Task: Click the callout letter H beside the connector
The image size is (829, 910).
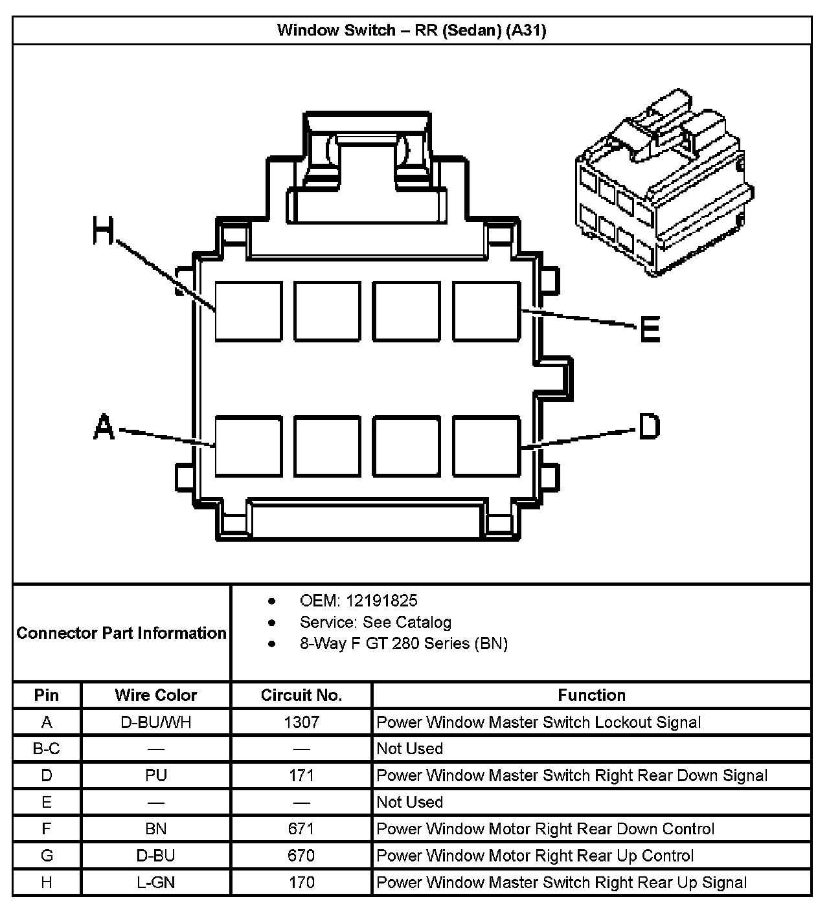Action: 104,230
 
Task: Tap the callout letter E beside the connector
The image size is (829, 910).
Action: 650,329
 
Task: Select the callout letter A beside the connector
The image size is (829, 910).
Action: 104,428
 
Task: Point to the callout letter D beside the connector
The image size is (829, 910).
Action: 649,427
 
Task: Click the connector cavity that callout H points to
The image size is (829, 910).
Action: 249,311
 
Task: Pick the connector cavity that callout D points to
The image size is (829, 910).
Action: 486,447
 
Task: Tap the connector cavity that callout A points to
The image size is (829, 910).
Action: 249,447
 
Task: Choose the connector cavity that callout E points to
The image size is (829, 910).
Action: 486,311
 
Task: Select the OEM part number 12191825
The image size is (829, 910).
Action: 381,601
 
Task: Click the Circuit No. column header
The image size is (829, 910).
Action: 301,695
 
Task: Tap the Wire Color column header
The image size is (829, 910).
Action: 155,695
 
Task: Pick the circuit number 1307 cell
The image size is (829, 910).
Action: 301,722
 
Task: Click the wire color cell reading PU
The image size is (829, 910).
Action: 155,775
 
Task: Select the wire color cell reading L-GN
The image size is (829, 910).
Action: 155,882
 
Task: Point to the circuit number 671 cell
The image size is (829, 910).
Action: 301,829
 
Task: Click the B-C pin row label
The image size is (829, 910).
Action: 47,749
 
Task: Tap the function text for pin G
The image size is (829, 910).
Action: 535,856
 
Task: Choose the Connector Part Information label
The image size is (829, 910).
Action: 122,633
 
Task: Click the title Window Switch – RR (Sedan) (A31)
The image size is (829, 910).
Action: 412,30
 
